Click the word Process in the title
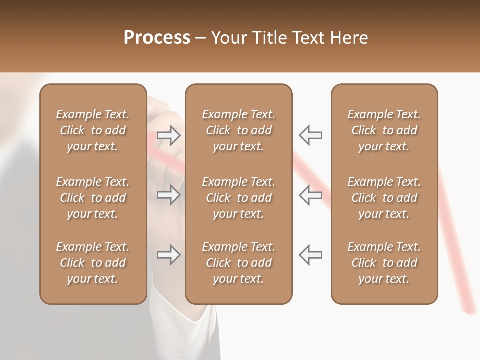point(157,38)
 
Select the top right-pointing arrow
point(168,135)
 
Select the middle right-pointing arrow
point(168,195)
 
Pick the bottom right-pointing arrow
point(168,255)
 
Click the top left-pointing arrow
point(310,135)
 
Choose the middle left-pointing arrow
point(310,195)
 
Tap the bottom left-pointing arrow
point(310,255)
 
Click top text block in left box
point(93,130)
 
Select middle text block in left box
point(93,198)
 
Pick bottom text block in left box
point(93,263)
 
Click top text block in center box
point(238,130)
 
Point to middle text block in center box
point(238,198)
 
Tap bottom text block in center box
point(238,263)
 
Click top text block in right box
point(384,130)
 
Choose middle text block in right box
point(384,198)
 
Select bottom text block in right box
point(384,263)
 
